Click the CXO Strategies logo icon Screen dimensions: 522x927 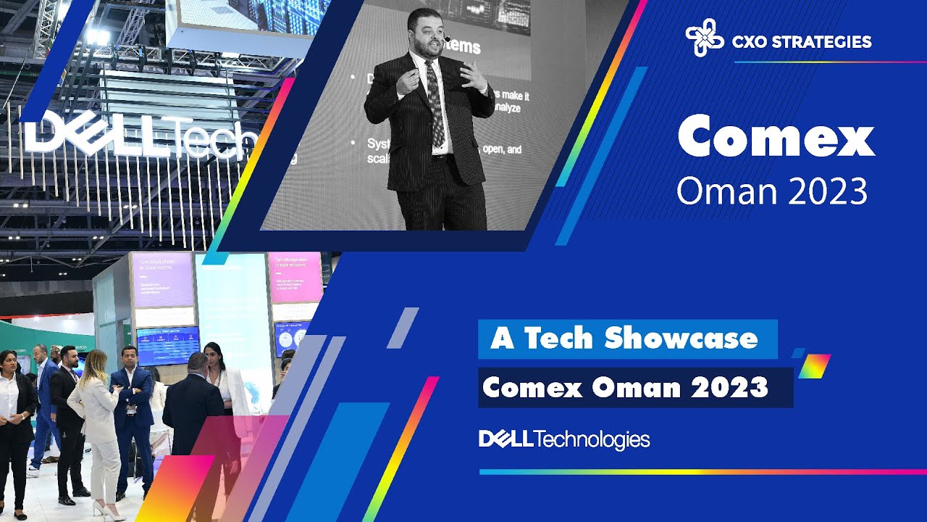[704, 41]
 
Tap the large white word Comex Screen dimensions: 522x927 [776, 138]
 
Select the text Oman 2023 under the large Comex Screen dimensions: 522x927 [771, 191]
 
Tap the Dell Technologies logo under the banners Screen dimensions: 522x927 [564, 439]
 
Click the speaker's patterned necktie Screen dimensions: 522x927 [435, 101]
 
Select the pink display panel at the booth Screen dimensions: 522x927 [295, 278]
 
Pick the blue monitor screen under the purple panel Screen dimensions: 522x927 [167, 345]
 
